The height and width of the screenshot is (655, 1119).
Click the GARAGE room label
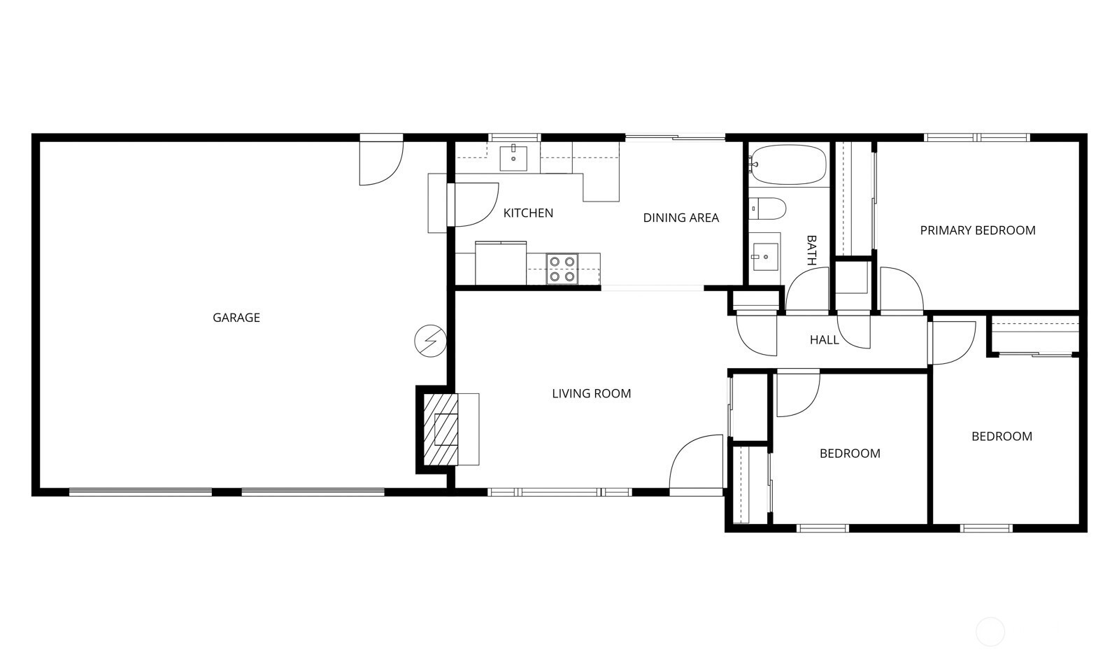(x=236, y=318)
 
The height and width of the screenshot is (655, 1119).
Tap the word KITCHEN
(x=528, y=213)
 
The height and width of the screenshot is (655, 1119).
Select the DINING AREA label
(x=680, y=218)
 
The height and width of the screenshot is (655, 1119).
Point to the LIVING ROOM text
(x=591, y=394)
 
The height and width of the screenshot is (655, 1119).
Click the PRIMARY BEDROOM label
(x=977, y=230)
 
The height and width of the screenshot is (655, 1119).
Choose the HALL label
(x=824, y=340)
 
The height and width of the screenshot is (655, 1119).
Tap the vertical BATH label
(x=812, y=250)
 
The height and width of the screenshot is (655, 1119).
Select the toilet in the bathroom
(x=768, y=209)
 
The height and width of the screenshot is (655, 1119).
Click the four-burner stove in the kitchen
(x=562, y=269)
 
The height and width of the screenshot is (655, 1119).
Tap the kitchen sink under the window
(x=514, y=158)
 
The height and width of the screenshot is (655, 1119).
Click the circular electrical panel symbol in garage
(x=430, y=341)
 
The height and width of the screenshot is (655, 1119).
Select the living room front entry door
(x=696, y=463)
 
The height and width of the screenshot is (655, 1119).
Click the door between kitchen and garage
(x=473, y=204)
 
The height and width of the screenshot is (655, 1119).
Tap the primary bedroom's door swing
(x=899, y=290)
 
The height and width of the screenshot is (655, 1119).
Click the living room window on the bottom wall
(x=559, y=492)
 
